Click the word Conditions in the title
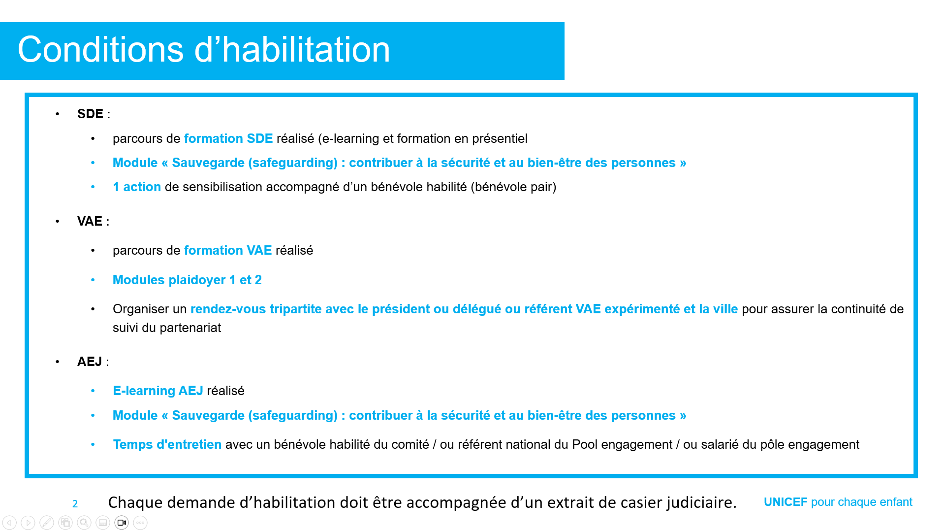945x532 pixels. click(x=101, y=50)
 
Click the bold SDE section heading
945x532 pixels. click(x=90, y=114)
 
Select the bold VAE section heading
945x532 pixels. click(x=90, y=221)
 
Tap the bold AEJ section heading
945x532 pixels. click(x=90, y=362)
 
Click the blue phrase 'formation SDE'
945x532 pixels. click(x=228, y=138)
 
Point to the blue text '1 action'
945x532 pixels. click(x=137, y=187)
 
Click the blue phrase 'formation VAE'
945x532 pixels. click(x=228, y=250)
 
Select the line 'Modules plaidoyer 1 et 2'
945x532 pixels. click(x=187, y=280)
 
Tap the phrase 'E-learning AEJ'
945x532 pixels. click(x=158, y=391)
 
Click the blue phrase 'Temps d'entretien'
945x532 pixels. click(x=167, y=444)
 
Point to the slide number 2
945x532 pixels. click(x=75, y=504)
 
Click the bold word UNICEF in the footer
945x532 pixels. click(x=786, y=502)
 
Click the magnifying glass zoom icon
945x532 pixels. click(x=84, y=523)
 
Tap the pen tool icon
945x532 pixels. click(x=47, y=523)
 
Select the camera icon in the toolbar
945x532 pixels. click(x=122, y=523)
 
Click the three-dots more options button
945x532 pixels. click(x=140, y=523)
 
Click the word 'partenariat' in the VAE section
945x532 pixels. click(x=190, y=328)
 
